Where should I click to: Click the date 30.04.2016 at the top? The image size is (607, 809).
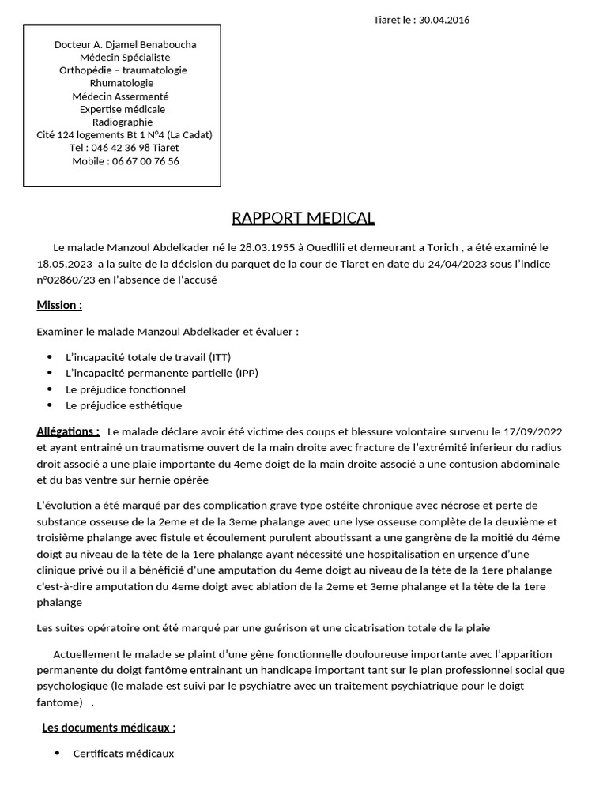coord(444,20)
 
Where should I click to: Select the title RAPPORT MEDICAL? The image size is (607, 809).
coord(303,218)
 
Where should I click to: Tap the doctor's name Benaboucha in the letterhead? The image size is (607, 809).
coord(165,44)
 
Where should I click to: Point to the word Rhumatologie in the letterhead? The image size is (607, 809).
coord(122,83)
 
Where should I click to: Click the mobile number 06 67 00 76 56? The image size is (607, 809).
coord(143,160)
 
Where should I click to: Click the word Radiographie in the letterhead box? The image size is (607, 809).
coord(123,122)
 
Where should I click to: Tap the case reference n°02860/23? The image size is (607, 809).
coord(68,279)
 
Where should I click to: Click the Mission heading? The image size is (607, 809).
coord(59,305)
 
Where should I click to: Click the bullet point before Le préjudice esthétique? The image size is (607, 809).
coord(50,405)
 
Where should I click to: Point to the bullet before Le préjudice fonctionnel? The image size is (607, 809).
coord(50,389)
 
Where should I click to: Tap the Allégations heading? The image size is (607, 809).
coord(68,431)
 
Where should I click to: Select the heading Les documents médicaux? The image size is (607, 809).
coord(109,728)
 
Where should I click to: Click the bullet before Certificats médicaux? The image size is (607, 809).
coord(57,754)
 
